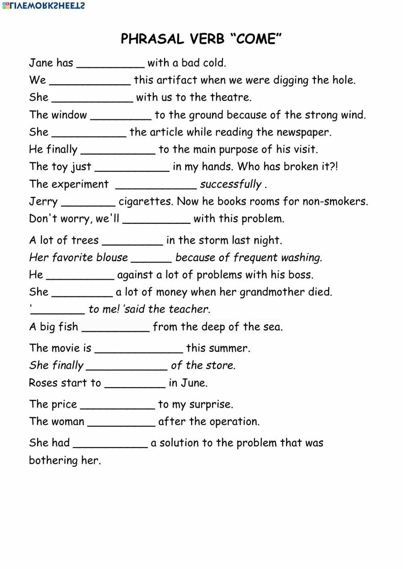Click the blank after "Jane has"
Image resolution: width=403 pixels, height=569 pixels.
(x=110, y=64)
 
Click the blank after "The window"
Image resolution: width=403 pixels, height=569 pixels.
(x=120, y=116)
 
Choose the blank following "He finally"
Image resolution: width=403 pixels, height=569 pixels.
(x=118, y=151)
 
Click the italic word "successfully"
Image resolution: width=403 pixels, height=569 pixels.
(x=231, y=184)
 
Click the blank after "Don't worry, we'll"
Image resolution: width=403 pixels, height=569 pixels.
(x=156, y=220)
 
